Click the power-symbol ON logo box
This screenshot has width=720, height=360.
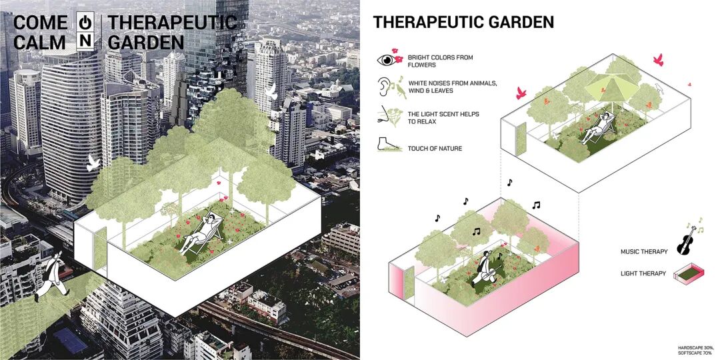click(x=85, y=31)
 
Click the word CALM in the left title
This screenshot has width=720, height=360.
click(x=39, y=42)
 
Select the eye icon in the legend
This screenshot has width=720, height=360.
click(x=386, y=60)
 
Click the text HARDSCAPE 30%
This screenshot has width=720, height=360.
click(x=695, y=347)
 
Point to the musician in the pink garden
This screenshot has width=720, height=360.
click(x=487, y=266)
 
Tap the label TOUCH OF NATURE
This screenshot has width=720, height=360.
click(x=435, y=148)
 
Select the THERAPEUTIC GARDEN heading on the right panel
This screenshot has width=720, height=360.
click(x=463, y=22)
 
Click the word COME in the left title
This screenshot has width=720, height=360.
click(x=40, y=22)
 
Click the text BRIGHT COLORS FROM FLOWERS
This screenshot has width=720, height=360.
click(x=440, y=61)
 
